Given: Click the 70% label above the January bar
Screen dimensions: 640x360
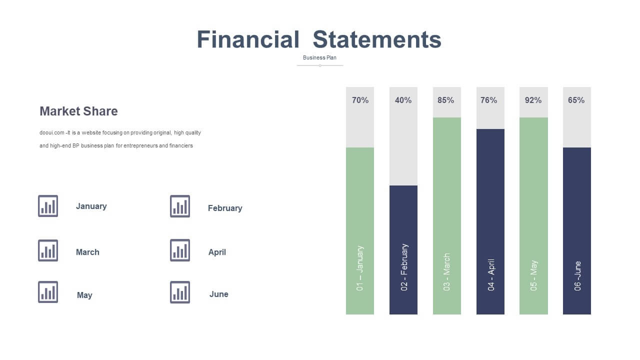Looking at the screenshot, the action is (360, 100).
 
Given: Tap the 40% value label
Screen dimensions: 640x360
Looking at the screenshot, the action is (403, 100).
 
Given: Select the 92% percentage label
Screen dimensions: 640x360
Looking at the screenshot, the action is (533, 100).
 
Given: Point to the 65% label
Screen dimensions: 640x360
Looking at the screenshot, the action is (576, 100).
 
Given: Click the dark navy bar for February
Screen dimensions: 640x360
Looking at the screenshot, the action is (403, 250).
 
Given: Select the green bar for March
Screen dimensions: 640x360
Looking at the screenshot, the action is (447, 216).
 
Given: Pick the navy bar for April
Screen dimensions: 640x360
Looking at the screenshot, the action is (490, 221).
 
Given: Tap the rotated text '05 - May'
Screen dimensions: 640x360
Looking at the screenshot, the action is (533, 275).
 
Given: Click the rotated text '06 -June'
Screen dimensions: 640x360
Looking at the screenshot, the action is (577, 276).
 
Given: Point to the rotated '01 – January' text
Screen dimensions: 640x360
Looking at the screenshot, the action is (359, 268).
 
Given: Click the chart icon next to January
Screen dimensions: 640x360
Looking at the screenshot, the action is (48, 206).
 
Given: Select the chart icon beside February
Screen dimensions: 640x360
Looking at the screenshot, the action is (180, 206).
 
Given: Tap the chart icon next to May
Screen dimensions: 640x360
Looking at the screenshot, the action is (48, 292).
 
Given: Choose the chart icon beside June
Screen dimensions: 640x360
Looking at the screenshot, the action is (180, 292).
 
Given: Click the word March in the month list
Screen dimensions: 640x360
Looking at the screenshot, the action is (87, 252).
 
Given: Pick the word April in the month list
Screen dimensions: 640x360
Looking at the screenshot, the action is (217, 252).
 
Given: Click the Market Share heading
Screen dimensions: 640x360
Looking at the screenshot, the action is (78, 111).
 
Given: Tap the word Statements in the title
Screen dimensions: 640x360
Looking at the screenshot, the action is (377, 39).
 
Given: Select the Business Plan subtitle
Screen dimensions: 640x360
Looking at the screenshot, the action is (319, 57).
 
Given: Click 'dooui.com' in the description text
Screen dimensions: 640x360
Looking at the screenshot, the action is (51, 133).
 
